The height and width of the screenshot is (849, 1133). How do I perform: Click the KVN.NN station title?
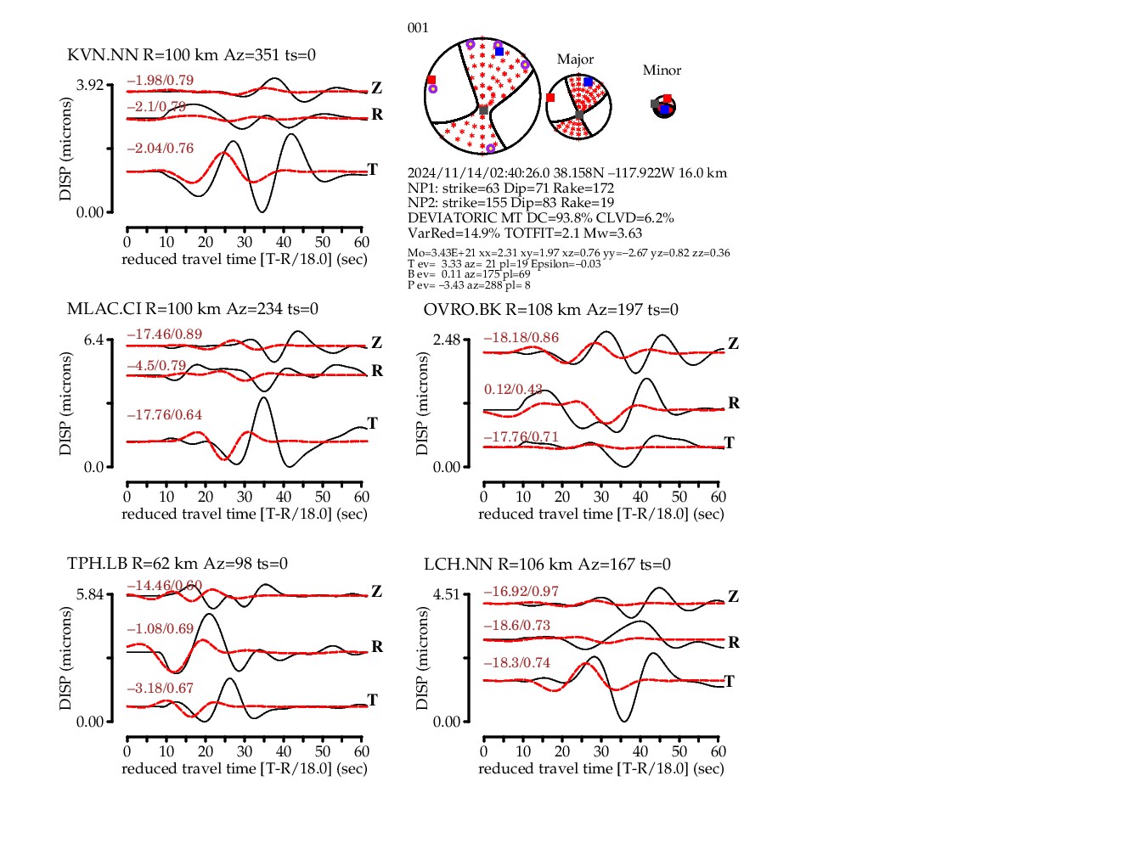click(191, 55)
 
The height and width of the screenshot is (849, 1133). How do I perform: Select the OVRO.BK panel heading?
click(550, 310)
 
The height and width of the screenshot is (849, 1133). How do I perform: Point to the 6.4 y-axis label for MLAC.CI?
click(93, 340)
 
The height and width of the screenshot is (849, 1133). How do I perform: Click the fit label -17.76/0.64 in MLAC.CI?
click(165, 415)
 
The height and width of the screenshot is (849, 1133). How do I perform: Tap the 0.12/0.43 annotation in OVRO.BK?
click(513, 390)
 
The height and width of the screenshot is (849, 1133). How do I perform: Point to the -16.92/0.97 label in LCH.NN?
click(521, 592)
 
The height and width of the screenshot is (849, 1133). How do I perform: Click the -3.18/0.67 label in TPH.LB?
click(161, 689)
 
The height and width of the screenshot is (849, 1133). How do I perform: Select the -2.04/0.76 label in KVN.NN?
click(161, 149)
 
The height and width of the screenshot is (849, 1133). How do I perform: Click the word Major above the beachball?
click(575, 59)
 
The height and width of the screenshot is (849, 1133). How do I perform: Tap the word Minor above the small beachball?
click(662, 70)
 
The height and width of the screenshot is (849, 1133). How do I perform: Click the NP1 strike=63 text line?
click(510, 188)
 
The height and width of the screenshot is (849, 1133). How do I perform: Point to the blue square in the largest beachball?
click(499, 52)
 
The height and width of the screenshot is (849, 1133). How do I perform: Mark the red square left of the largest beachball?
click(431, 81)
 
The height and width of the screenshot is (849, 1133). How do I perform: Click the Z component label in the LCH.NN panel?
click(733, 597)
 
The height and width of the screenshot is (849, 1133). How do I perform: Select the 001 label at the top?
click(418, 28)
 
